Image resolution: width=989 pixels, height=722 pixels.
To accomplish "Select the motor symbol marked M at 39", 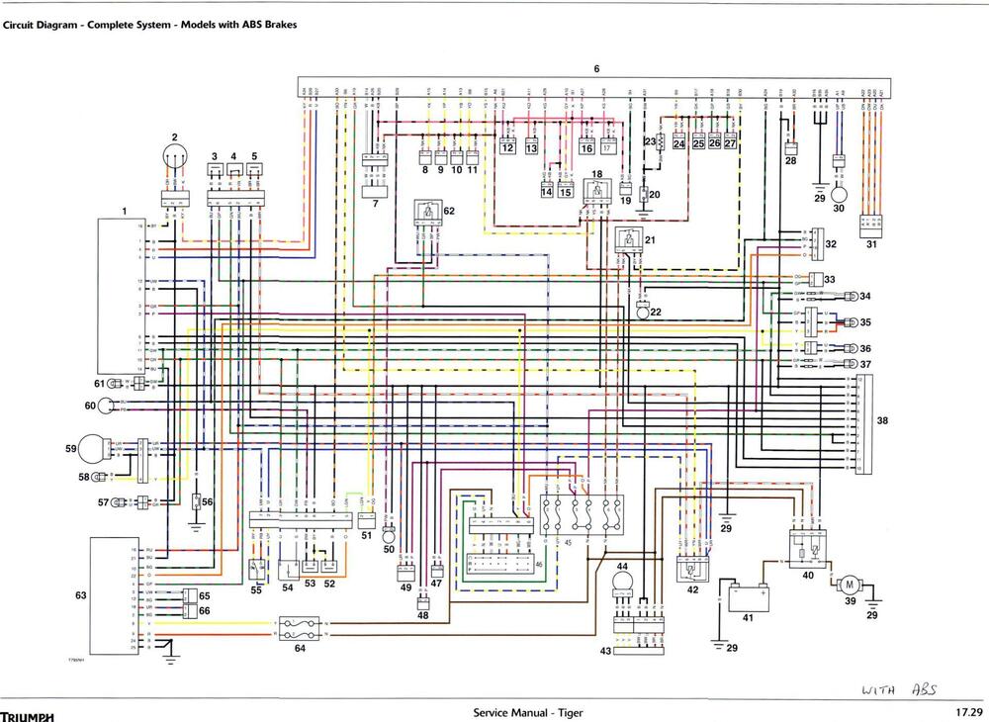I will [849, 576].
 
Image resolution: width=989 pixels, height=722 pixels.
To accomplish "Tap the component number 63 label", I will [81, 595].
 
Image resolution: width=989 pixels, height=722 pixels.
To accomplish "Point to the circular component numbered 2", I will [174, 161].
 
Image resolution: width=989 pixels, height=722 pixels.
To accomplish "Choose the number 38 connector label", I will [882, 420].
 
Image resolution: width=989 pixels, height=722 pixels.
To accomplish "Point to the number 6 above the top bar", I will [596, 68].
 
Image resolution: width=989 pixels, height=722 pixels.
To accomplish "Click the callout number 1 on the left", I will [125, 212].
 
